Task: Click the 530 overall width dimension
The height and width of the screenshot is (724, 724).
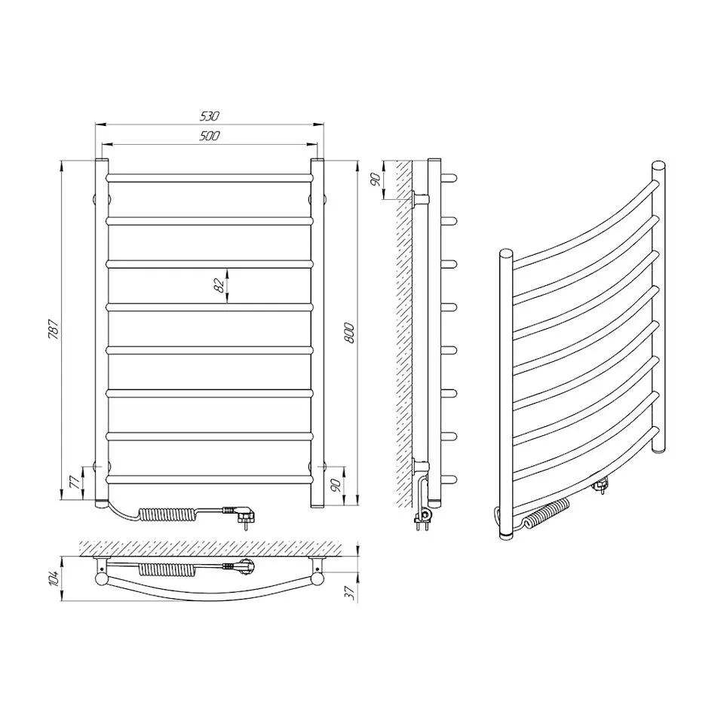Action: tap(209, 116)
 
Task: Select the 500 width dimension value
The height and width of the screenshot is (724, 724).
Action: tap(209, 136)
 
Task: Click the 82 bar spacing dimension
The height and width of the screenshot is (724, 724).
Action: tap(219, 286)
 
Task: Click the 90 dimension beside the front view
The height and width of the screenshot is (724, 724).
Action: tap(336, 484)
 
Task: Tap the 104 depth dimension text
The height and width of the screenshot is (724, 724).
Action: tap(53, 579)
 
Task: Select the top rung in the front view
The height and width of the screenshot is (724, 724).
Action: tap(209, 178)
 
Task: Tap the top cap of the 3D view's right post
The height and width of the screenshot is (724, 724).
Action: tap(658, 166)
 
